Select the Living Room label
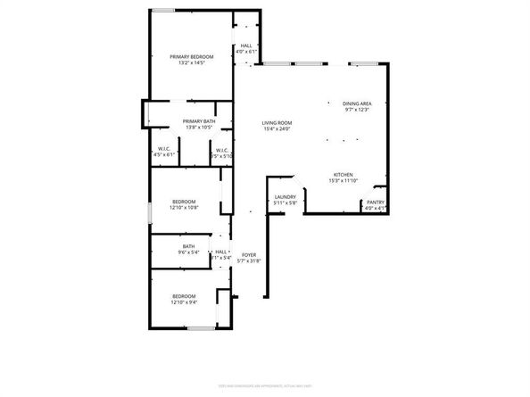coord(277,122)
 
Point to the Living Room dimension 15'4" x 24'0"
coord(277,129)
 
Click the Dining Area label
coord(357,103)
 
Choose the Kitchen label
coord(344,174)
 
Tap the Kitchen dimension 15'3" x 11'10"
coord(344,181)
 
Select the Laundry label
coord(286,196)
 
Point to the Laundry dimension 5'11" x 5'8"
coord(286,203)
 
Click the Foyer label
coord(250,254)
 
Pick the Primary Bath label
coord(199,121)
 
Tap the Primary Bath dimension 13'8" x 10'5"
coord(199,128)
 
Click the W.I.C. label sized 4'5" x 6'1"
coord(165,148)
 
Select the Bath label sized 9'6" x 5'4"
coord(188,246)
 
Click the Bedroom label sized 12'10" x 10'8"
coord(184,202)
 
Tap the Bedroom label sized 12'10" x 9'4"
coord(184,295)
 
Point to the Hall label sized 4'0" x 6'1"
coord(246,46)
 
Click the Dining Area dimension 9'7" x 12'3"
coord(357,110)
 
